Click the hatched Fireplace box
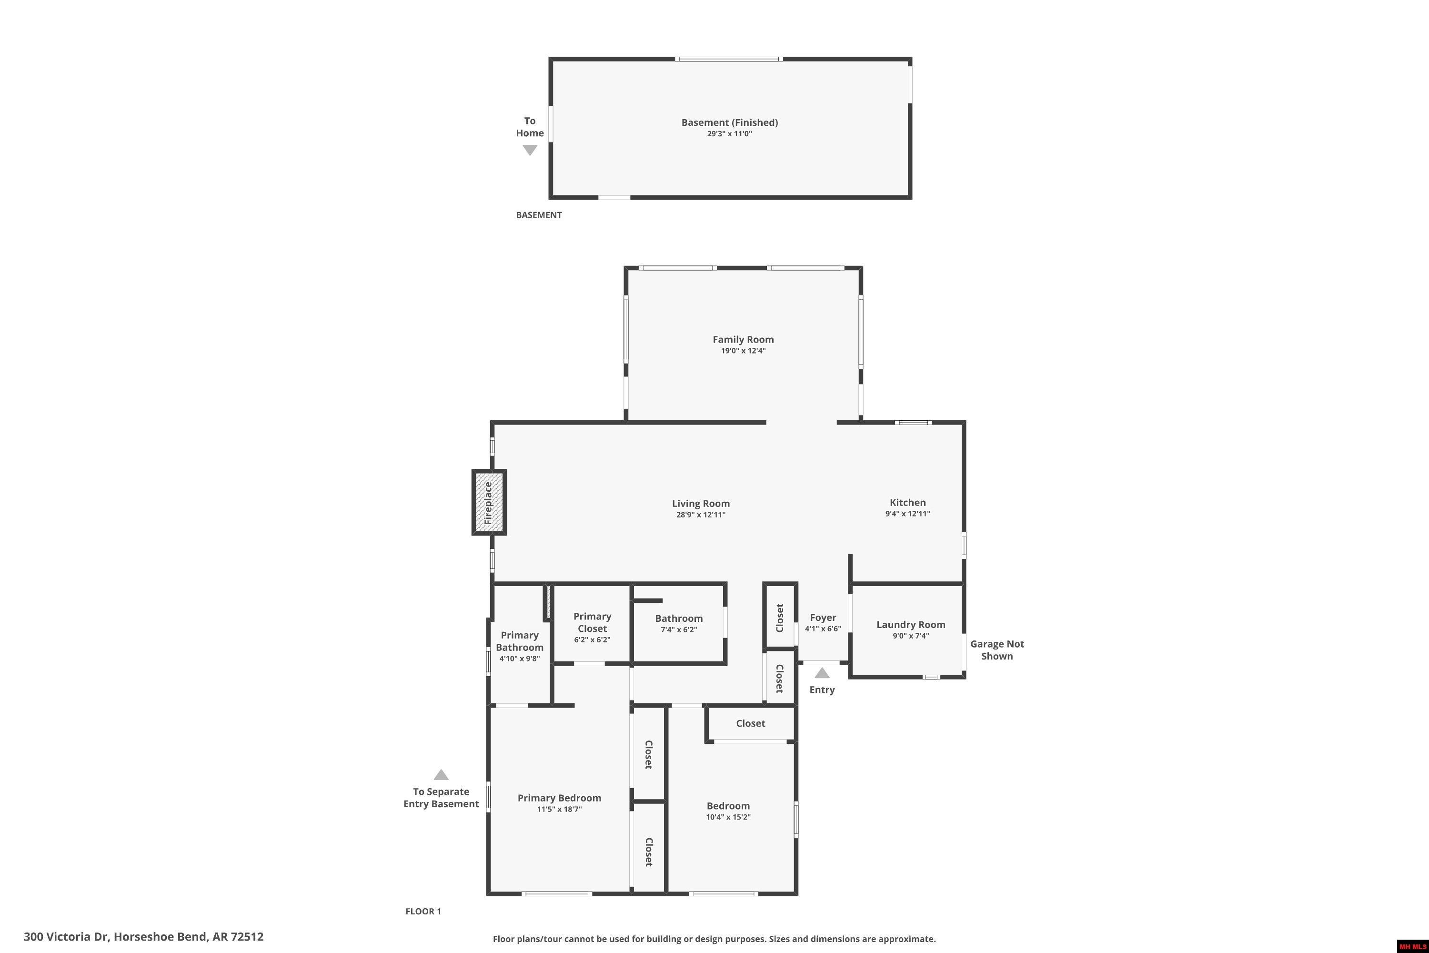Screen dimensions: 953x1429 tap(489, 503)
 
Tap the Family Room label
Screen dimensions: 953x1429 tap(743, 339)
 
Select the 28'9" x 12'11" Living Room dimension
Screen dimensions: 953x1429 tap(701, 515)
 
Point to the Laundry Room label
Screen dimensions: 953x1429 tap(910, 624)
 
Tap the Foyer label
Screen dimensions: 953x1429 tap(823, 618)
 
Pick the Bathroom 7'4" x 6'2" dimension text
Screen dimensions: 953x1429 tap(679, 629)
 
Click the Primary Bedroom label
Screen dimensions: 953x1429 tap(559, 797)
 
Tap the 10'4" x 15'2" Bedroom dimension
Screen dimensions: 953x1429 tap(728, 817)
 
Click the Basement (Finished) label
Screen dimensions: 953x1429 tap(729, 122)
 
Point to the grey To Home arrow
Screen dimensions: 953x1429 tap(530, 150)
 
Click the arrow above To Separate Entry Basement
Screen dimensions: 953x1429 tap(441, 775)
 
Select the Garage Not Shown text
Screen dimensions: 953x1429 tap(996, 650)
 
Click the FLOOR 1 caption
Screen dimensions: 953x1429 tap(423, 911)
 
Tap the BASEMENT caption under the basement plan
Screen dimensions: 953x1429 tap(538, 214)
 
